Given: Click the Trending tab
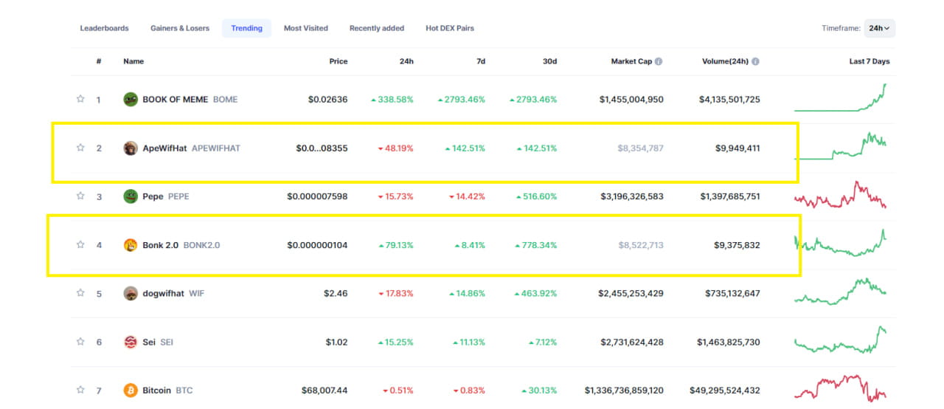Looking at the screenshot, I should click(246, 28).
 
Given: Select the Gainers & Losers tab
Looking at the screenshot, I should click(180, 28).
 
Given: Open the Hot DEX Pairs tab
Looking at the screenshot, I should click(450, 28).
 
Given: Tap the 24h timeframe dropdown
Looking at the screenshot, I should click(879, 28).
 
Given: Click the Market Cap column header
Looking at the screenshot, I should click(631, 61).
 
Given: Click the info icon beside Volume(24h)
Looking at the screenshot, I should click(755, 61).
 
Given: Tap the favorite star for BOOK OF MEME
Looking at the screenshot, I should click(80, 99).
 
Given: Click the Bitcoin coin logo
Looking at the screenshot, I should click(131, 390).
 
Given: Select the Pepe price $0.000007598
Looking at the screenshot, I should click(317, 196).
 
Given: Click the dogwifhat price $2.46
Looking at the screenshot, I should click(336, 293).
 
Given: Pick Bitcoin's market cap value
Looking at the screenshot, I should click(624, 390).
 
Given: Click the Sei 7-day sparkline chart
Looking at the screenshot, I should click(841, 341).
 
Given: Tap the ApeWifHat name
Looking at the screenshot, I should click(164, 148).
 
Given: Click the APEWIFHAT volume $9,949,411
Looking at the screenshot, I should click(737, 148).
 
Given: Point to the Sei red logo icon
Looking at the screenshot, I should click(131, 342).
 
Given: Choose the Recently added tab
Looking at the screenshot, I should click(377, 28).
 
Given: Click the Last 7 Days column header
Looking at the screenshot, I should click(869, 61).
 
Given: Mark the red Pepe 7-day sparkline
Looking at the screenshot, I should click(841, 196).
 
